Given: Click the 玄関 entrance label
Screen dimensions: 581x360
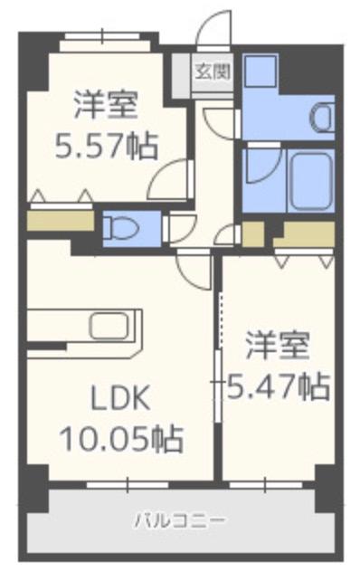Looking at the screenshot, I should (215, 70).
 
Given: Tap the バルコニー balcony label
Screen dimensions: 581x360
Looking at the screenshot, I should (180, 520).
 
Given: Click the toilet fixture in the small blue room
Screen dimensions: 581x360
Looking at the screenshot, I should (119, 227).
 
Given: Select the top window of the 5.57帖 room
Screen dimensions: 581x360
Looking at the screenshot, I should (101, 38).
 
